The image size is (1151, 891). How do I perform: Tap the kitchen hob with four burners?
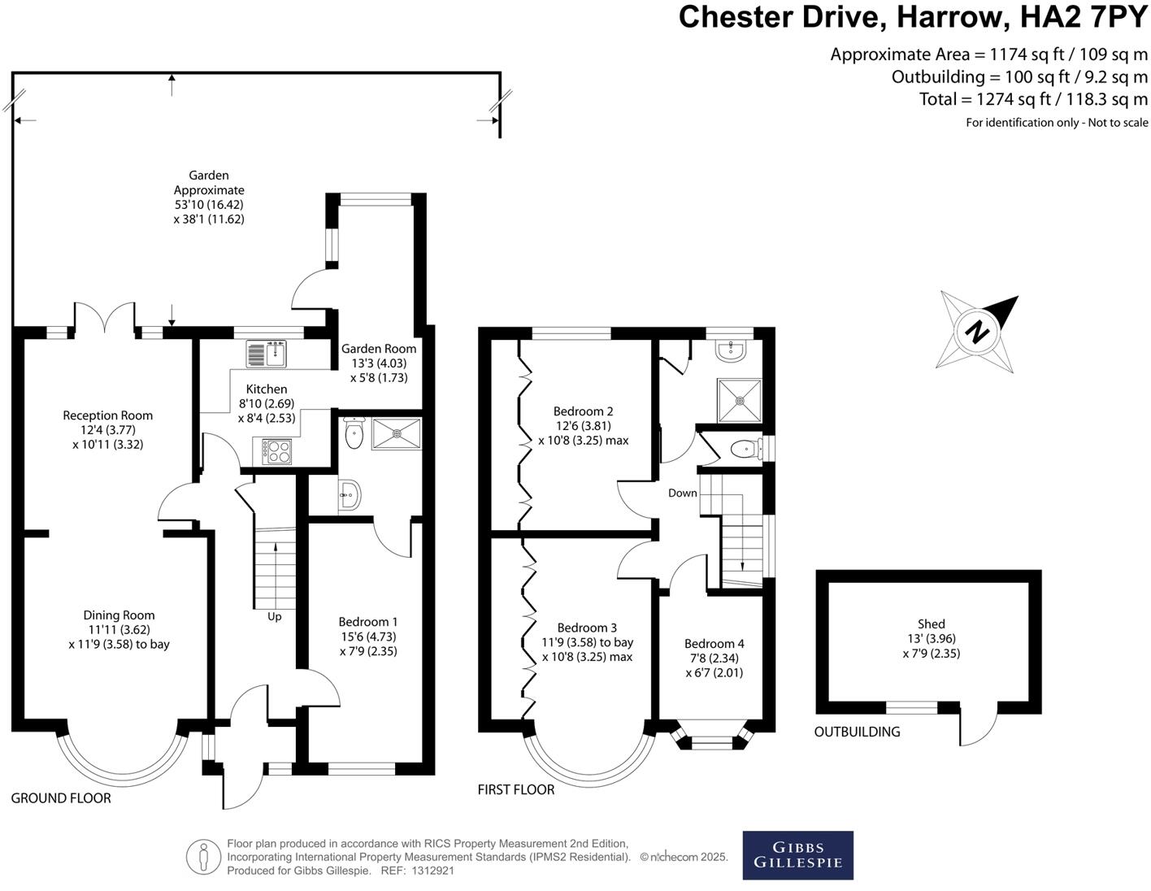(x=277, y=450)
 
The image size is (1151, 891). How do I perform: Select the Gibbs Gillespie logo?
(x=797, y=854)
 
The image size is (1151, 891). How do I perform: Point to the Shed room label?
(x=931, y=624)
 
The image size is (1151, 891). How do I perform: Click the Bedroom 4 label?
(x=714, y=643)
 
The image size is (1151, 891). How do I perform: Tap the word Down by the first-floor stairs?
(x=683, y=493)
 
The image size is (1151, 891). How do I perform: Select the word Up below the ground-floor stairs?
(x=275, y=616)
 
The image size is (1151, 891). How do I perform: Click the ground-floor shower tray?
(x=397, y=434)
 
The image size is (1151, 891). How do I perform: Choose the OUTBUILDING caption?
(x=857, y=732)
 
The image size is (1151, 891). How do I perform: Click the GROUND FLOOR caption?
(x=61, y=798)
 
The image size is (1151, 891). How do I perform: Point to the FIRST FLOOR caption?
(x=515, y=789)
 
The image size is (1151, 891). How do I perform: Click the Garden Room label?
(x=378, y=349)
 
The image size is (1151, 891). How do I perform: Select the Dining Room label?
(x=119, y=615)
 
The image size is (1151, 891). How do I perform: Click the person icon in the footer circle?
(x=203, y=856)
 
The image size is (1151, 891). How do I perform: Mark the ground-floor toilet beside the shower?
(x=354, y=434)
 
